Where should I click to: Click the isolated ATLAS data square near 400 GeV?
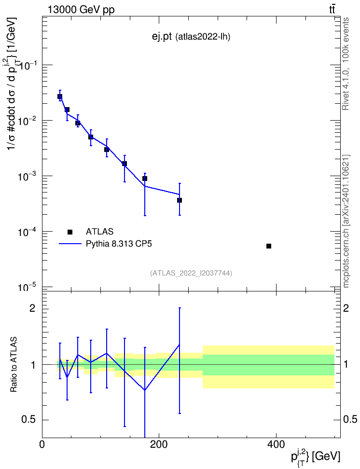tap(269, 246)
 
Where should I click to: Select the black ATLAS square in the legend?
tap(70, 232)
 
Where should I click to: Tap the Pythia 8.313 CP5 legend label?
tap(119, 244)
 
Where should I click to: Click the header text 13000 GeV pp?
tap(81, 10)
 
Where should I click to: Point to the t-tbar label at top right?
tap(332, 9)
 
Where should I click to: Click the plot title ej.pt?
tap(162, 37)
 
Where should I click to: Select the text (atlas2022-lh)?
tap(203, 37)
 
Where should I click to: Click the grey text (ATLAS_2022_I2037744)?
tap(191, 273)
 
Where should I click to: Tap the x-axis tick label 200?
tap(159, 444)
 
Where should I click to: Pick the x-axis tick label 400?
tap(276, 444)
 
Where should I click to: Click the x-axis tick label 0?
tap(42, 444)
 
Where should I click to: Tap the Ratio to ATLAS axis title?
tap(14, 364)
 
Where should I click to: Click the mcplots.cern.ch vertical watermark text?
tap(346, 221)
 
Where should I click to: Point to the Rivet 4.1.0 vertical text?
tap(346, 64)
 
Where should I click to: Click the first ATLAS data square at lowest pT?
tap(60, 97)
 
